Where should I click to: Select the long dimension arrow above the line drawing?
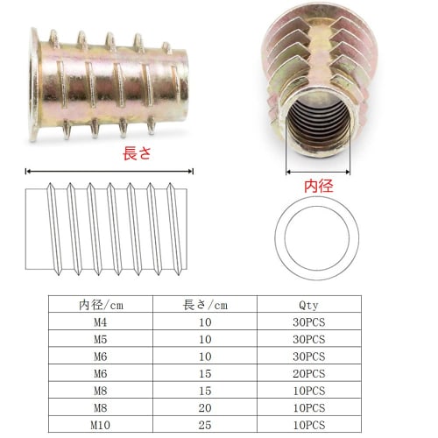coord(109,171)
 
